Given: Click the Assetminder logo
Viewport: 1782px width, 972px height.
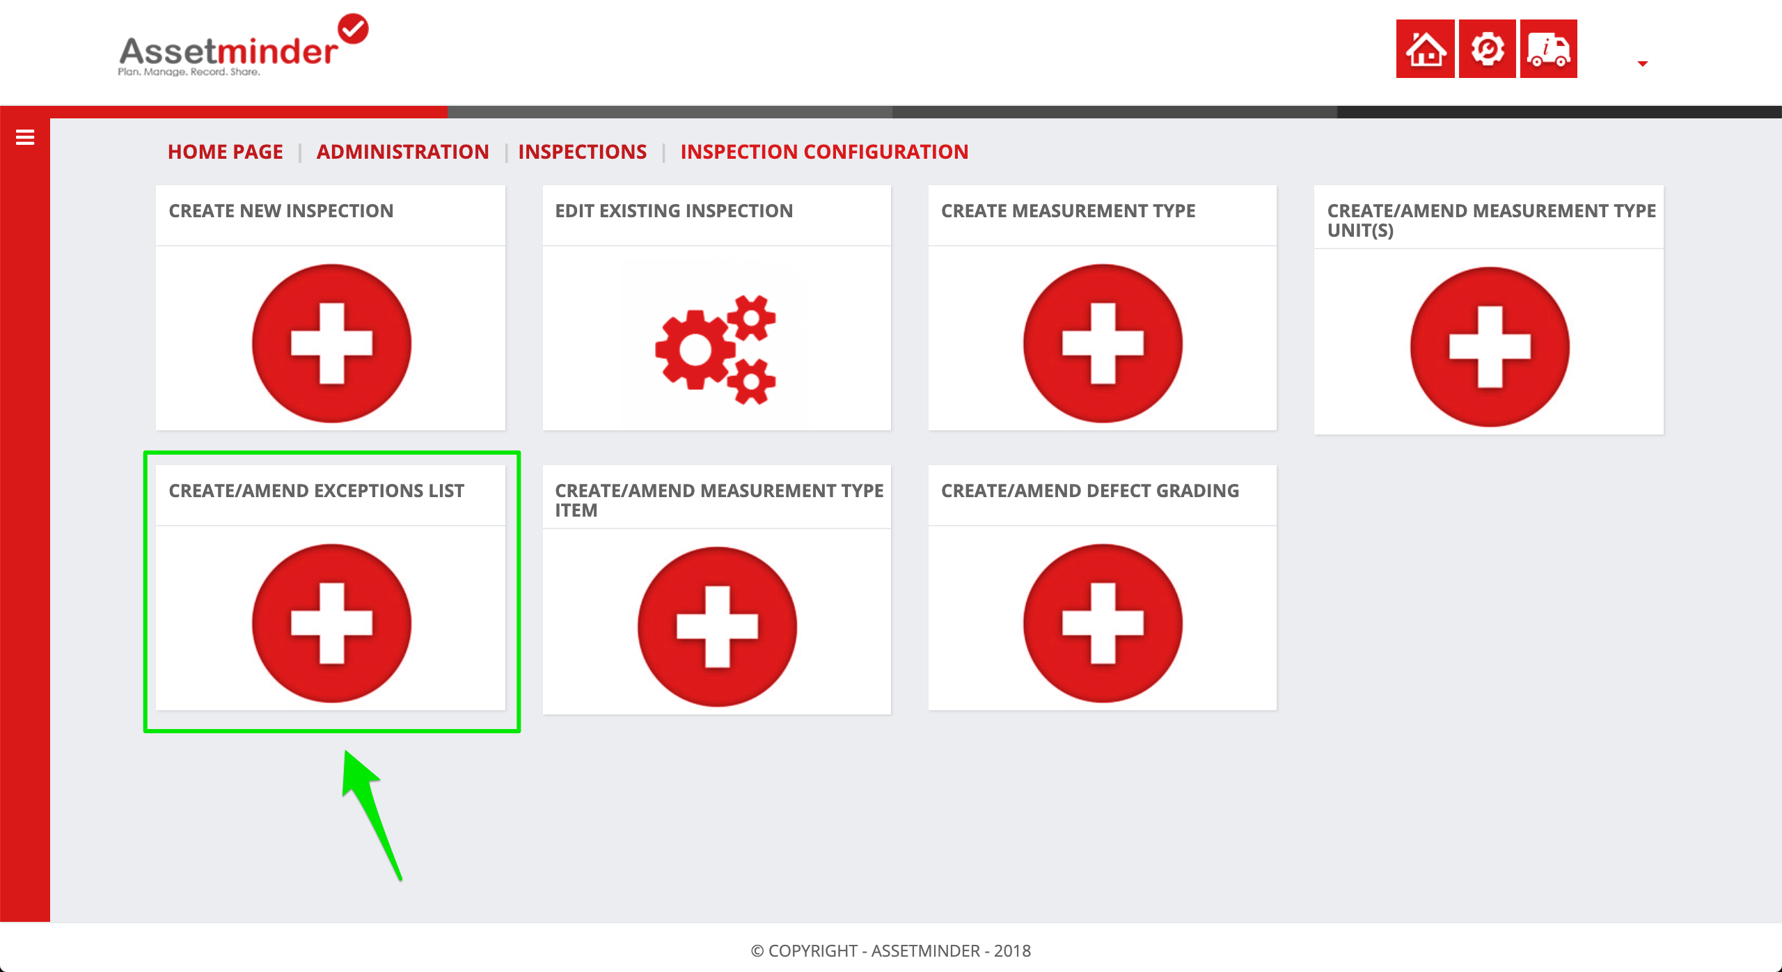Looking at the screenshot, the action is click(x=243, y=46).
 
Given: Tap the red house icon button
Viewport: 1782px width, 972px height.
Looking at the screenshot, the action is click(x=1425, y=49).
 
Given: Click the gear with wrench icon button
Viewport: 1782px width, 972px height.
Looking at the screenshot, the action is click(x=1487, y=49).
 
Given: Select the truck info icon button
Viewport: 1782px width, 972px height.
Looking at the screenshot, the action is click(x=1548, y=49).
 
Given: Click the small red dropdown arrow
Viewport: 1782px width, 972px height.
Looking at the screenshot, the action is click(x=1643, y=64).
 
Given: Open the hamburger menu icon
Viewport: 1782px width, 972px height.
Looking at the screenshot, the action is click(x=25, y=137).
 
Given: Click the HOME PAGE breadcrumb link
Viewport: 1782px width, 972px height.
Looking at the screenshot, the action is click(x=226, y=152).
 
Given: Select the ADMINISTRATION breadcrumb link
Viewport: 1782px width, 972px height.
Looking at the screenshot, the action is click(x=402, y=152).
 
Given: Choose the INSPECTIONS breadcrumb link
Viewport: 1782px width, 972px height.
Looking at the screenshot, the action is click(x=583, y=152).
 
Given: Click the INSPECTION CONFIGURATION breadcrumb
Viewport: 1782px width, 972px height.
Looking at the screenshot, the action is click(x=824, y=152).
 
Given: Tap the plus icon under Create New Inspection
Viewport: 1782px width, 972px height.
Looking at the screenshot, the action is click(x=331, y=343).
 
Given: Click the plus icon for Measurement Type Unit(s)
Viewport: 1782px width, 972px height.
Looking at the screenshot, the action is click(x=1490, y=347).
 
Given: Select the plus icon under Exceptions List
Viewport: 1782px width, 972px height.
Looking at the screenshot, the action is click(x=331, y=623).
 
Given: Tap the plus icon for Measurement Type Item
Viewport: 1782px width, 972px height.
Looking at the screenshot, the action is click(x=717, y=627).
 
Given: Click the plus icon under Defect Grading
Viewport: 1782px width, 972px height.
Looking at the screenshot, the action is click(x=1103, y=623).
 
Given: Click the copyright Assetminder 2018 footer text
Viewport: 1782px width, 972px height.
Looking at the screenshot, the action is click(x=891, y=951).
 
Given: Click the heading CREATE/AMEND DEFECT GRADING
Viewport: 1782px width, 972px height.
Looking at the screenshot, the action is click(x=1090, y=491).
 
